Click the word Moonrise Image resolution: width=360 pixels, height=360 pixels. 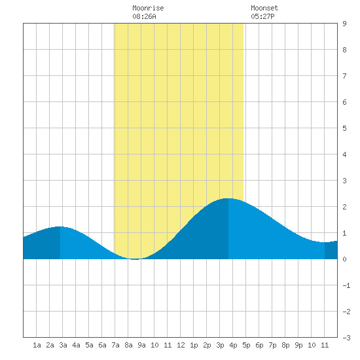click(148, 8)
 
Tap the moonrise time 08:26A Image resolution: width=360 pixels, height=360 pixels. click(144, 16)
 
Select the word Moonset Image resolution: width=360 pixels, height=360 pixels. click(264, 8)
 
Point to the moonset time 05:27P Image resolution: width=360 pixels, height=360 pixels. click(262, 16)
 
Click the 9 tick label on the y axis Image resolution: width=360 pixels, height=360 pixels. click(344, 24)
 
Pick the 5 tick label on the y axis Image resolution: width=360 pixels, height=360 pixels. click(344, 128)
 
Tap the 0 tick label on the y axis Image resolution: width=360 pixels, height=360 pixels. click(344, 259)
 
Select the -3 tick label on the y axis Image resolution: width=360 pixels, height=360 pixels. click(346, 338)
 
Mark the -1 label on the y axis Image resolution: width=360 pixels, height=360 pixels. click(346, 285)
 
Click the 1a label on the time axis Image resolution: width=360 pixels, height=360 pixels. click(37, 345)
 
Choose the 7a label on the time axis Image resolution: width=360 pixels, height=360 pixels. click(115, 345)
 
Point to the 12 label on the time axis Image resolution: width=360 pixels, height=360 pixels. click(181, 345)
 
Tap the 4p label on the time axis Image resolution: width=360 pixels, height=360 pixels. click(233, 345)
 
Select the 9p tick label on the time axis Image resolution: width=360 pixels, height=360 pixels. click(298, 345)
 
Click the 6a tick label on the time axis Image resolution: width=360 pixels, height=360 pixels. click(102, 345)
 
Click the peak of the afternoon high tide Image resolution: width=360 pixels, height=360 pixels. click(228, 198)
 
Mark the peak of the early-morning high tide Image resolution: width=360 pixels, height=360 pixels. click(60, 226)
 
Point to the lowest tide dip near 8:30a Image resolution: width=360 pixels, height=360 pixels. click(135, 259)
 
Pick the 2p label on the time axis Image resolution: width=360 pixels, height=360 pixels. click(207, 345)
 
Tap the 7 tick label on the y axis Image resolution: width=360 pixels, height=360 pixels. click(344, 76)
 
